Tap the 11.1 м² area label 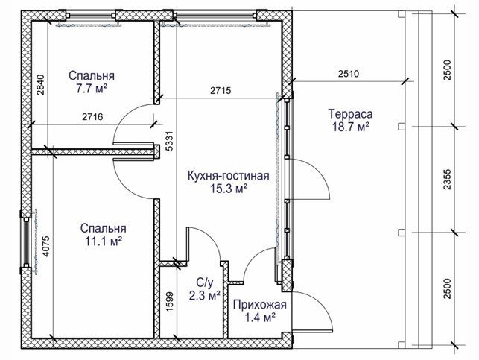[104, 241]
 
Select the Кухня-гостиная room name [228, 176]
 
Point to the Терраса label [350, 114]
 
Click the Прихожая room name [260, 305]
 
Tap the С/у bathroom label [205, 283]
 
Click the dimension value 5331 [170, 141]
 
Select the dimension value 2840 [41, 85]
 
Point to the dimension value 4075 [45, 246]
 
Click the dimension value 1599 [170, 302]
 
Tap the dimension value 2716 [92, 117]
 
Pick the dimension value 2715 [221, 90]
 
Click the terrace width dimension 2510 [349, 74]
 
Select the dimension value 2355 [447, 180]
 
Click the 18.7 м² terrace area [351, 127]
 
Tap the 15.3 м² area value [229, 189]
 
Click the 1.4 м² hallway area [260, 318]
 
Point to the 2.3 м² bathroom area [205, 296]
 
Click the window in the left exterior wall [26, 241]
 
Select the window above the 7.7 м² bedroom [90, 16]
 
